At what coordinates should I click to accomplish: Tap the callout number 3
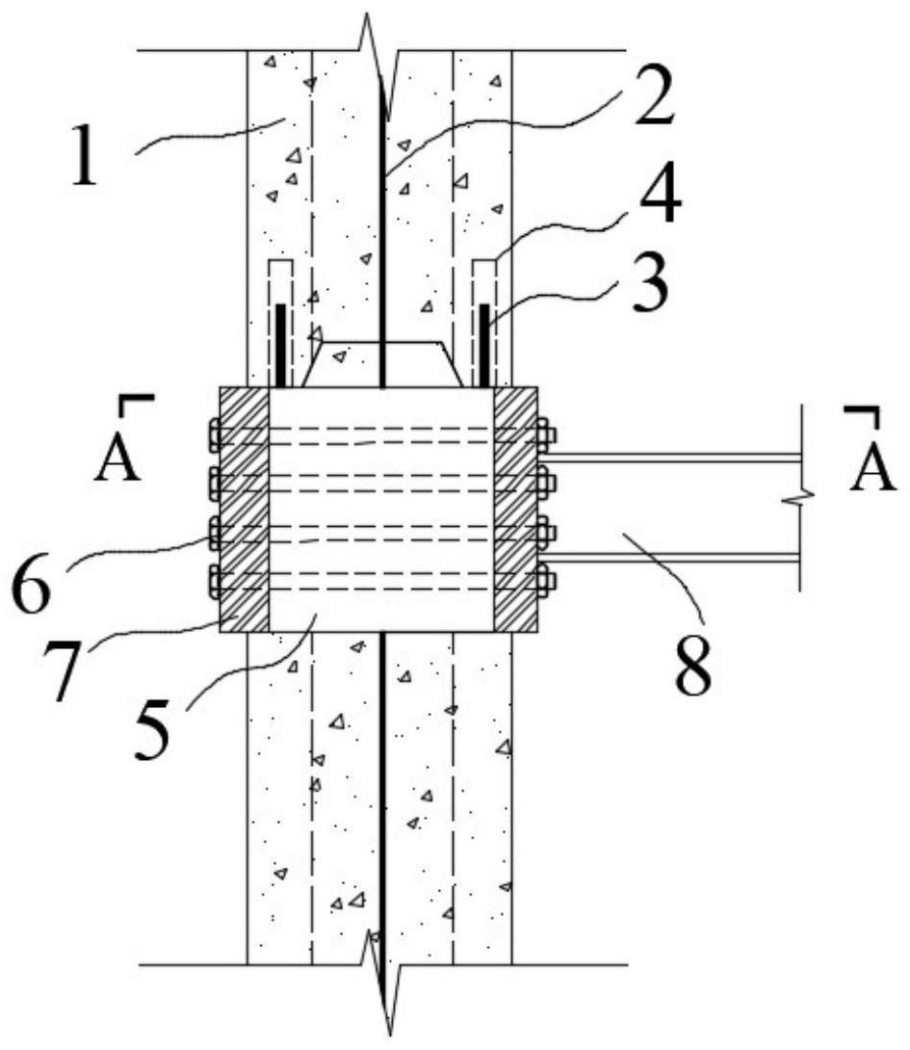pyautogui.click(x=650, y=287)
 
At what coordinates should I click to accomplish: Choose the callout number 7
pyautogui.click(x=65, y=670)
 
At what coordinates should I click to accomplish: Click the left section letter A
pyautogui.click(x=117, y=461)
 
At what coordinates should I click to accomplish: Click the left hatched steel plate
pyautogui.click(x=245, y=510)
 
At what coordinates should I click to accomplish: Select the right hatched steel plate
pyautogui.click(x=515, y=510)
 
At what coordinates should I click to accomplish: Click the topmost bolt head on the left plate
pyautogui.click(x=215, y=435)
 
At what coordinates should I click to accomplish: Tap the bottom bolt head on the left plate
pyautogui.click(x=215, y=581)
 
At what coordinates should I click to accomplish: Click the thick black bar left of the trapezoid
pyautogui.click(x=281, y=346)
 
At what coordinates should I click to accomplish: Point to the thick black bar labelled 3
pyautogui.click(x=484, y=346)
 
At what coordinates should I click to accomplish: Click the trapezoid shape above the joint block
pyautogui.click(x=382, y=364)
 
